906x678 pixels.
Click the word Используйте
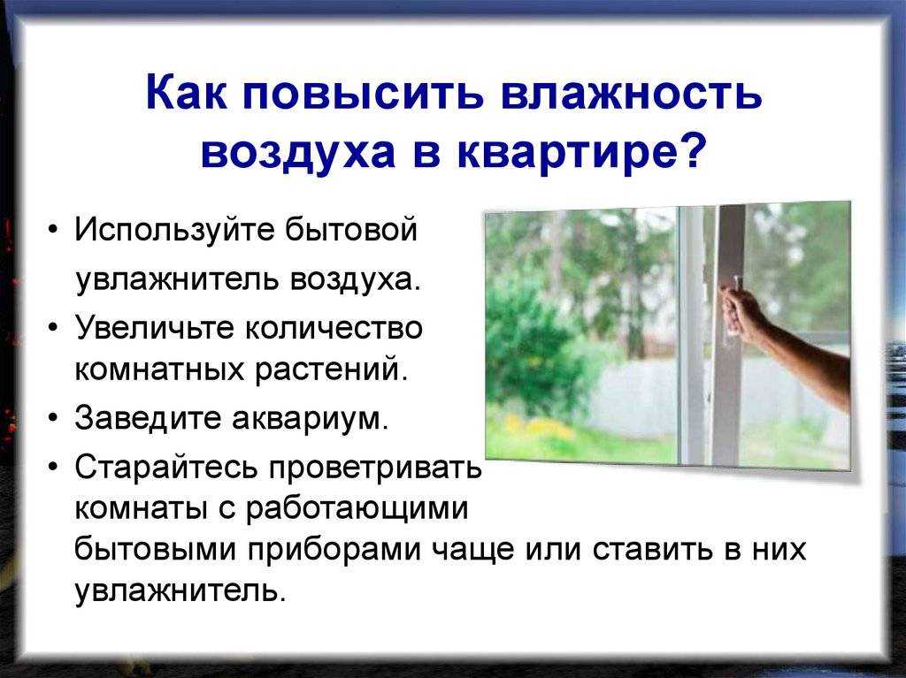175,232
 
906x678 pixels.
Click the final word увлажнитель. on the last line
180,590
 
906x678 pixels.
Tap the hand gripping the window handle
741,311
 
